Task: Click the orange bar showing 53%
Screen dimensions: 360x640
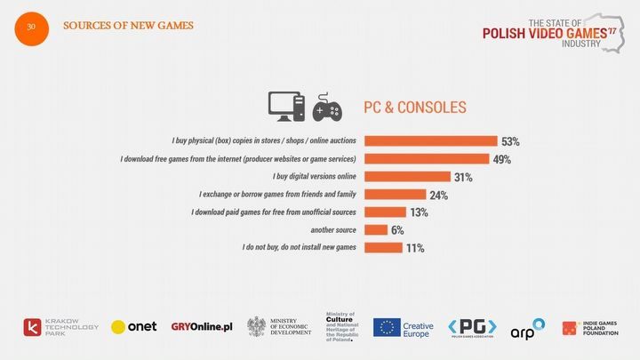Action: [x=431, y=141]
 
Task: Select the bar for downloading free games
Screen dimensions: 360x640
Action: [x=428, y=159]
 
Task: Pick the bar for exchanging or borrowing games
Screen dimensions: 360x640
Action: [x=396, y=195]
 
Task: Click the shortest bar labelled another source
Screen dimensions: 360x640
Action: [x=375, y=230]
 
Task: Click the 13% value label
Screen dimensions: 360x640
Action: [x=419, y=212]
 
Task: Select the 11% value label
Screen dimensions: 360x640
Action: [x=415, y=248]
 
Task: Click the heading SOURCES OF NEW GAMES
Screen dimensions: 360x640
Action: [x=128, y=25]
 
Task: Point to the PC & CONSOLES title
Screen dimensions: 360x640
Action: [x=414, y=108]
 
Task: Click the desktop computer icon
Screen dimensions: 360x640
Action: [x=287, y=106]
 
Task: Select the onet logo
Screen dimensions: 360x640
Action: [x=133, y=326]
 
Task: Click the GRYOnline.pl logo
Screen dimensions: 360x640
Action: [x=202, y=326]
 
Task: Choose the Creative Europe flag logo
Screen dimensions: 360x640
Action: [x=403, y=327]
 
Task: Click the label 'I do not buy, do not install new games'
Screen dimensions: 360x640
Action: [x=300, y=248]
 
